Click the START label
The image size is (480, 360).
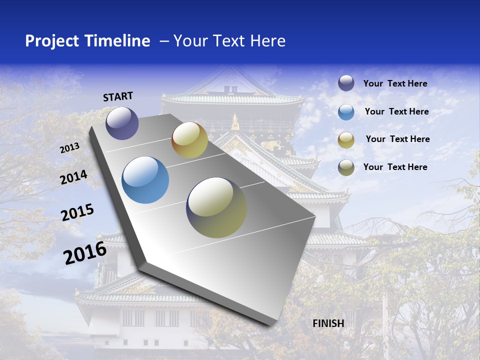tap(118, 96)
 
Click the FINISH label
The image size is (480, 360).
tap(328, 323)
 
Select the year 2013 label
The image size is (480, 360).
tap(69, 148)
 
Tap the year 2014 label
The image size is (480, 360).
tap(73, 177)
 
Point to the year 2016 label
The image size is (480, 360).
tap(84, 253)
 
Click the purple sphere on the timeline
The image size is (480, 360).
tap(122, 123)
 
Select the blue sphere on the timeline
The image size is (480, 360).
tap(145, 180)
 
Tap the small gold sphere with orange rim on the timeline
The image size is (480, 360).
tap(189, 140)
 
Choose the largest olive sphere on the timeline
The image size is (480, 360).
tap(216, 207)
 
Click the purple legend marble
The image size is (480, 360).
tap(346, 83)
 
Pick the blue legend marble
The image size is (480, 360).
tap(346, 112)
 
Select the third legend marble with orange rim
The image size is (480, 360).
tap(346, 140)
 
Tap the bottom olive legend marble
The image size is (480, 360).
tap(346, 167)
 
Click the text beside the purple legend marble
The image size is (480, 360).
tap(395, 83)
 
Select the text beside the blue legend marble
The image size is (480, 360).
tap(396, 111)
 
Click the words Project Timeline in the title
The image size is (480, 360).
tap(87, 41)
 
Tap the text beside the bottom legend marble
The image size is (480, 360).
tap(395, 167)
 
